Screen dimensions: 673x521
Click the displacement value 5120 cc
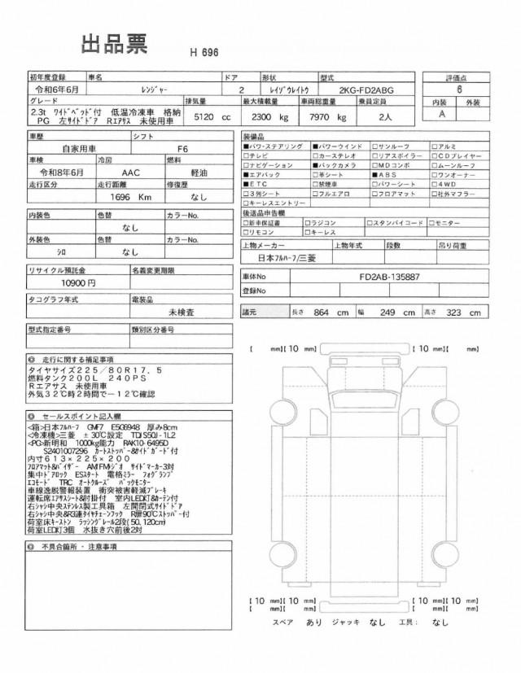209,117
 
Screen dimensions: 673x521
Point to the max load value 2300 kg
269,117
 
